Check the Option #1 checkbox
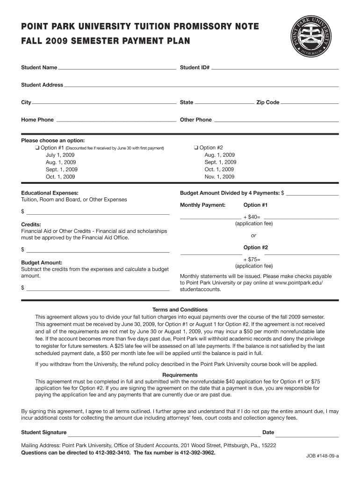[x=36, y=148]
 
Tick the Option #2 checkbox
[x=195, y=148]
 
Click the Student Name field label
[x=39, y=68]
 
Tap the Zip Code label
[x=267, y=102]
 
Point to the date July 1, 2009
[x=60, y=155]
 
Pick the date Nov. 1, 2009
[x=219, y=177]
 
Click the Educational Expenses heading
[x=50, y=193]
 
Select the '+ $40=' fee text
[x=252, y=217]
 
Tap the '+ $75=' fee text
[x=252, y=260]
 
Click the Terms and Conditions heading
[x=180, y=310]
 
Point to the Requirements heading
[x=180, y=375]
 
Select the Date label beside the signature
[x=268, y=432]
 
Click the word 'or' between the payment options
[x=253, y=235]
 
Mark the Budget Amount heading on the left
[x=42, y=263]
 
